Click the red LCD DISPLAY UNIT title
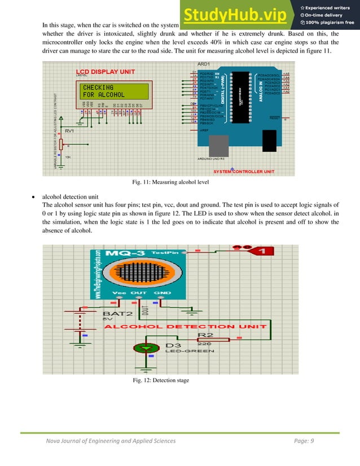[x=106, y=72]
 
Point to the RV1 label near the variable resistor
[x=70, y=131]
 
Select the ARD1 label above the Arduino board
[x=204, y=63]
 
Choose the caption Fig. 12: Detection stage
[x=161, y=381]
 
